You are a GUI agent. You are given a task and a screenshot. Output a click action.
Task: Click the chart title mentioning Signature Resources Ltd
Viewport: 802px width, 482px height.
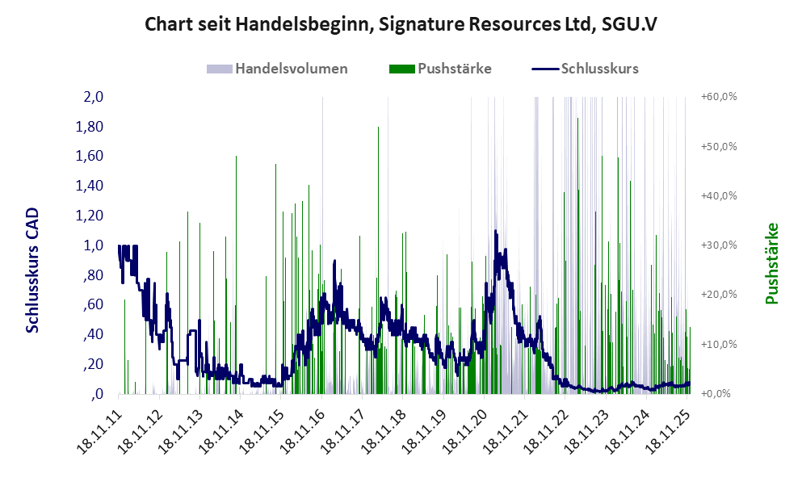click(x=401, y=24)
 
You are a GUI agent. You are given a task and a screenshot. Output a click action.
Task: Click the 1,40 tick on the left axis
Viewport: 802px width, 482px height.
click(x=90, y=186)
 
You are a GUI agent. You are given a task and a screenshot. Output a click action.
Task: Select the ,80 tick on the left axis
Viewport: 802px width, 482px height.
click(x=94, y=275)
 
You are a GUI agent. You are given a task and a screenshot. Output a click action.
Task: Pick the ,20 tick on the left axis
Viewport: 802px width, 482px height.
click(x=94, y=364)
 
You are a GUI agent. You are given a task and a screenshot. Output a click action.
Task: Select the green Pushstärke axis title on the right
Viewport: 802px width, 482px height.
click(x=771, y=263)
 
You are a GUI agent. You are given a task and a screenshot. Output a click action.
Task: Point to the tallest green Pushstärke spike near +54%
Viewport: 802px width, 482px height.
click(x=378, y=129)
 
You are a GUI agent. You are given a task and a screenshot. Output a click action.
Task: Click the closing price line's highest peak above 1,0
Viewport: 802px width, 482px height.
click(x=495, y=232)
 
